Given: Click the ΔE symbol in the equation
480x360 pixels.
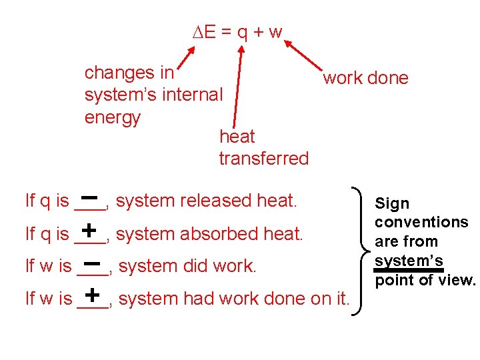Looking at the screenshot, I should coord(204,31).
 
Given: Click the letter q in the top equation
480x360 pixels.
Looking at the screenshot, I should coord(245,33).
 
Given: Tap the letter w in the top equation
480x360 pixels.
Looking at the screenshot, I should coord(275,32).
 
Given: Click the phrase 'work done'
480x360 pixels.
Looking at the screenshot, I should coord(365,78).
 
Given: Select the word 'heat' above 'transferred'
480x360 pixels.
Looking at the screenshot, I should coord(237,137).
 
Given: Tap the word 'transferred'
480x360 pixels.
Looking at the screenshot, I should coord(264,159).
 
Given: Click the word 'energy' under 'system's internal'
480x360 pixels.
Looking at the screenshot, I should coord(113,118).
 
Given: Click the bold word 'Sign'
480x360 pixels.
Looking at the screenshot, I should coord(392,204).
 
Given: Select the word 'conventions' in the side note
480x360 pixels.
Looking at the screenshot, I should coord(421,222).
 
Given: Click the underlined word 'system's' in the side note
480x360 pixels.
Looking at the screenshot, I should coord(409,260).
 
